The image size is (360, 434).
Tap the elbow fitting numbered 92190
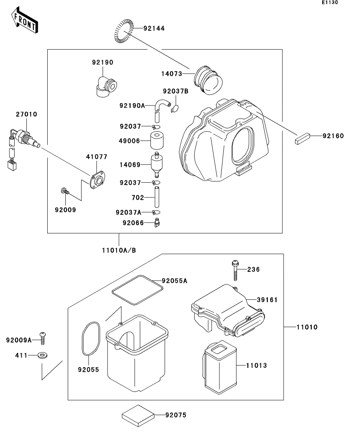106,86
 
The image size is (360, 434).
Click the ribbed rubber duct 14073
208,80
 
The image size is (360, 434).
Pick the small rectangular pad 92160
302,139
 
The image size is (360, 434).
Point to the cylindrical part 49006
157,140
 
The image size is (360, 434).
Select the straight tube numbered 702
157,197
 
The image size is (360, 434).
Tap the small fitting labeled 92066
157,223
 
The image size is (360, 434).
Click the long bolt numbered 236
235,270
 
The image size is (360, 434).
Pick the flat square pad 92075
138,416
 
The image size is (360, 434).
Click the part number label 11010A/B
119,251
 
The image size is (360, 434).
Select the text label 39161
267,300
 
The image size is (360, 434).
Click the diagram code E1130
330,2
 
